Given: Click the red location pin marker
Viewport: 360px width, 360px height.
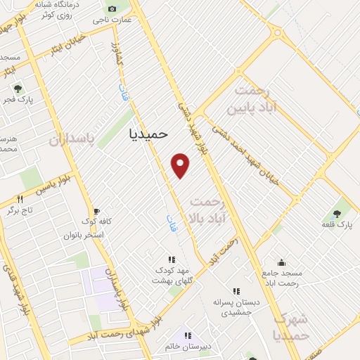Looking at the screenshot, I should [181, 165].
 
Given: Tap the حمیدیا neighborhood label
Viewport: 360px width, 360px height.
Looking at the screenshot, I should [149, 134].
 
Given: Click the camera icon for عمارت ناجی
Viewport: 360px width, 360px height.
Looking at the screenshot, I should [112, 8].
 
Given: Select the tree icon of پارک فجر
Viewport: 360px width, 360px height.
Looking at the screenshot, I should [18, 89].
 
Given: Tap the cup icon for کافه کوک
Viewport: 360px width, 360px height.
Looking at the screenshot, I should [96, 210].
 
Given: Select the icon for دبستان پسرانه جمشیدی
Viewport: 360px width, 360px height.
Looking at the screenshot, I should [236, 290].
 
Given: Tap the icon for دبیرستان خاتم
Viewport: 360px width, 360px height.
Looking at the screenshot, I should [187, 335].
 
